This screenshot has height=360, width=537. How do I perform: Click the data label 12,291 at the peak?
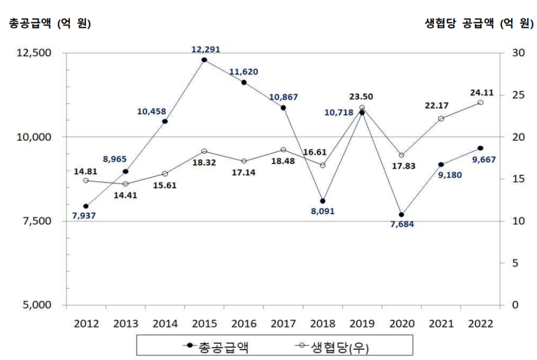pyautogui.click(x=205, y=49)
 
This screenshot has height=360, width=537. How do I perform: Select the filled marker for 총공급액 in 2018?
pyautogui.click(x=323, y=201)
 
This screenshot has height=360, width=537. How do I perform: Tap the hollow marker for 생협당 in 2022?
pyautogui.click(x=480, y=102)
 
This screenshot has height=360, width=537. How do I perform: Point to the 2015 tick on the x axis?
pyautogui.click(x=204, y=323)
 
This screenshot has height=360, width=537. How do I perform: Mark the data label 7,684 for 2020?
pyautogui.click(x=402, y=225)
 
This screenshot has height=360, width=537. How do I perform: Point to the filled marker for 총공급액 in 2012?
pyautogui.click(x=86, y=206)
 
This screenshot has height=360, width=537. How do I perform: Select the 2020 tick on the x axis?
pyautogui.click(x=401, y=323)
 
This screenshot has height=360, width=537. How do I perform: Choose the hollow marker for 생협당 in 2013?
pyautogui.click(x=125, y=184)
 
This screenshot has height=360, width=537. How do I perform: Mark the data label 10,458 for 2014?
pyautogui.click(x=152, y=111)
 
